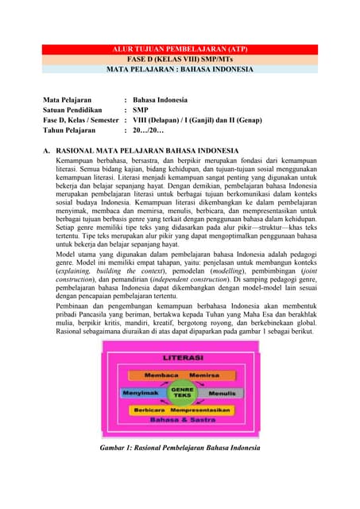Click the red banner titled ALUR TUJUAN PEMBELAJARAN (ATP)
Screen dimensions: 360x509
point(180,49)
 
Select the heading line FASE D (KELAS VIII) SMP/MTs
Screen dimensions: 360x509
point(180,60)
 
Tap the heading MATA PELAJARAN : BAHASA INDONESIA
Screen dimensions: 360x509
point(180,70)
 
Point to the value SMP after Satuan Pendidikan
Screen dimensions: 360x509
point(141,110)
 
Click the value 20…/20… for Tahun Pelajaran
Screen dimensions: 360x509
point(148,130)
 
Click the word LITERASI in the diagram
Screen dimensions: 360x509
point(180,359)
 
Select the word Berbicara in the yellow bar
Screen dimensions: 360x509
point(149,410)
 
